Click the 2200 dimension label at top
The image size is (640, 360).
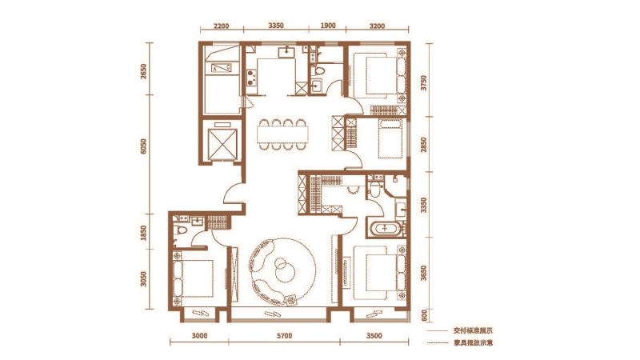pos(222,26)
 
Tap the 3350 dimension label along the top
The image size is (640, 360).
pos(276,26)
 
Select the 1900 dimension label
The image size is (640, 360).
pos(328,26)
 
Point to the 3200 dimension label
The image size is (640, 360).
pos(377,26)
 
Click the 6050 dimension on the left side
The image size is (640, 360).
pos(143,146)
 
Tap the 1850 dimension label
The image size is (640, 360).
pos(143,233)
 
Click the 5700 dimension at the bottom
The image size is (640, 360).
pos(285,336)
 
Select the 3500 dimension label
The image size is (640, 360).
pos(374,336)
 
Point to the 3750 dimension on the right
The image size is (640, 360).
pos(424,83)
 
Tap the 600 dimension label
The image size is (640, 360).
pos(424,315)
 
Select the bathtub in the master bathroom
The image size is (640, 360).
pos(385,229)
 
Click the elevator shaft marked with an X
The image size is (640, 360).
pos(222,143)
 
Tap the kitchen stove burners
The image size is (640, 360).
pos(251,78)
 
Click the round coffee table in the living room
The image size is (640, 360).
pos(283,270)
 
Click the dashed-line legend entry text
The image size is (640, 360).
pos(473,343)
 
